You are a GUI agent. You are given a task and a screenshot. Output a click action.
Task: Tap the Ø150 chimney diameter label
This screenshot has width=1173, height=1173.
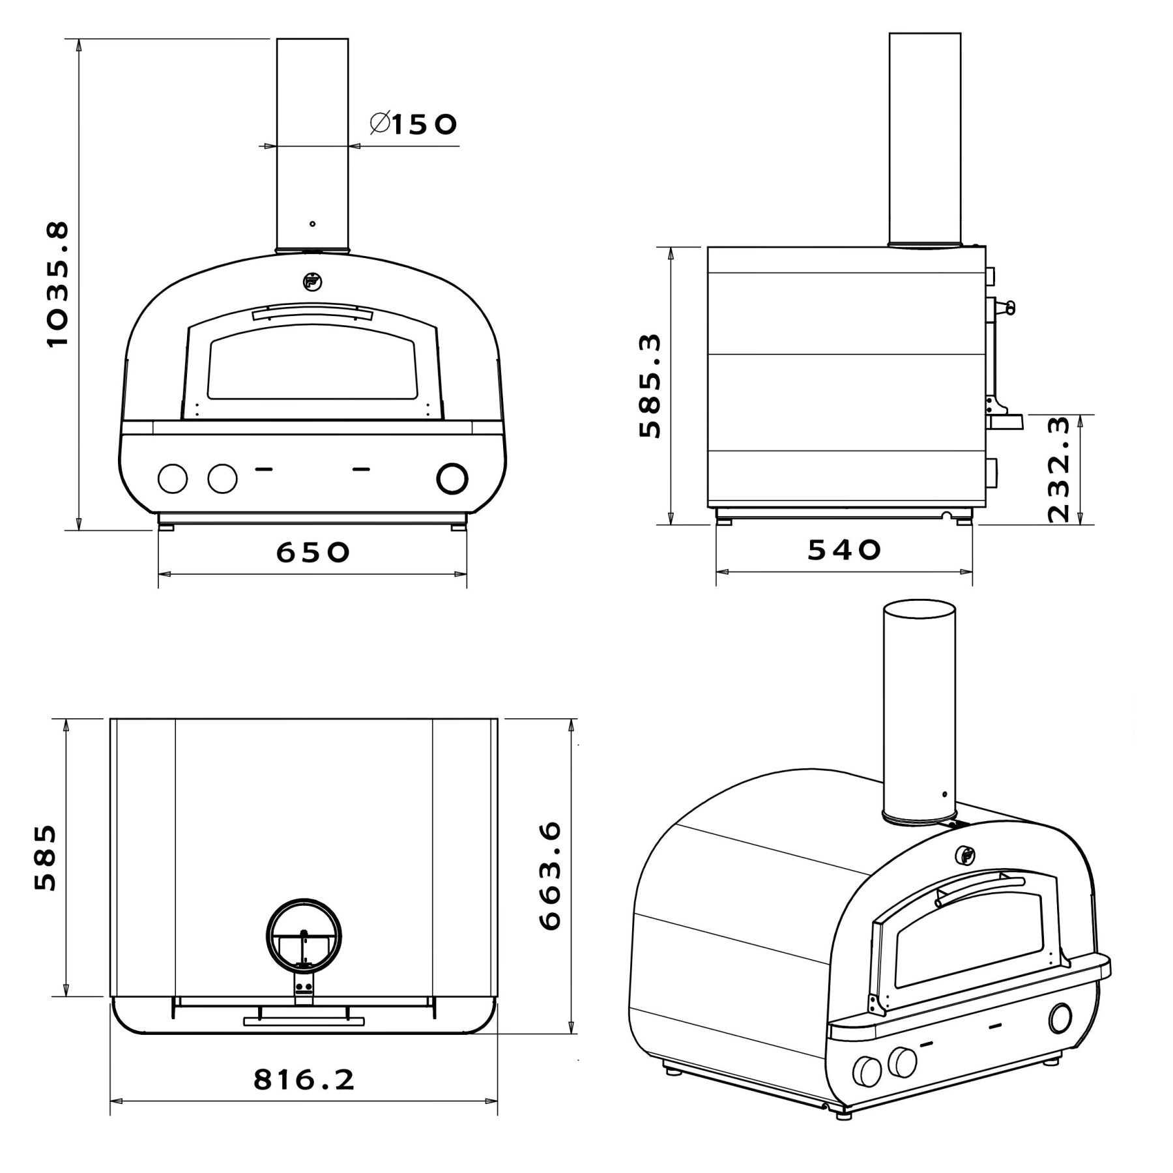coord(413,123)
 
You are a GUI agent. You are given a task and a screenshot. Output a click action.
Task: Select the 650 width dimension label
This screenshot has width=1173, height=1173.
coord(313,553)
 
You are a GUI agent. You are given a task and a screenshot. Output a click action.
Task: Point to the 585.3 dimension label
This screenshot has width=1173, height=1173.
coord(650,386)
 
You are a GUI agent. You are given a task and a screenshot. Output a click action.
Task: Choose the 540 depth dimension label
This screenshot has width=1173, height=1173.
coord(844,551)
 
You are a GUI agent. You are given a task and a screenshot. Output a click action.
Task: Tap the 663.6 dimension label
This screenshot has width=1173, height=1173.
coord(549,875)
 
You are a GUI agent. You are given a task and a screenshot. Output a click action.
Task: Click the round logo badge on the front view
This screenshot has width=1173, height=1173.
coord(312,281)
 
